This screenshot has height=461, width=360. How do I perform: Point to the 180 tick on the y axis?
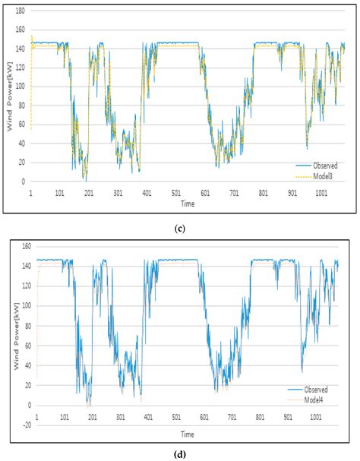point(20,11)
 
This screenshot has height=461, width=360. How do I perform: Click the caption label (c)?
point(181,226)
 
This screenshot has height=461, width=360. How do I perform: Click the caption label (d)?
point(180,454)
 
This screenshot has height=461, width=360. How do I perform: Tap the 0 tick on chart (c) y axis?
point(24,182)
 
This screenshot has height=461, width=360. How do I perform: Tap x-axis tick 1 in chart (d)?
point(36,417)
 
